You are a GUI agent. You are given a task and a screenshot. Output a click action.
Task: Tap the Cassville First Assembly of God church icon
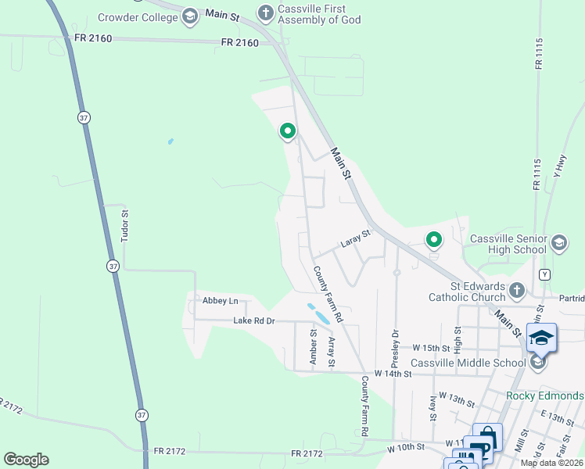pos(265,13)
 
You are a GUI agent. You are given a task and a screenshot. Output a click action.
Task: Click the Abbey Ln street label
pos(220,301)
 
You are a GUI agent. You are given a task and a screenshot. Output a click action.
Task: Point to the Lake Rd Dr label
pos(254,321)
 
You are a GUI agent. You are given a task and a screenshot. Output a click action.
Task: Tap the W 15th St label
pos(431,348)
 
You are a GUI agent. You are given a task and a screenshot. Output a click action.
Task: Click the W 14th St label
pos(393,374)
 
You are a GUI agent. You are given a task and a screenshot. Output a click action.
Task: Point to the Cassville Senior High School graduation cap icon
pos(558,243)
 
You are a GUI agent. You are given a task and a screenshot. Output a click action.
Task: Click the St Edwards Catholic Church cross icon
pos(516,291)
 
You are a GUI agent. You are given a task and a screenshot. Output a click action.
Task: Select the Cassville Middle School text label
pos(468,363)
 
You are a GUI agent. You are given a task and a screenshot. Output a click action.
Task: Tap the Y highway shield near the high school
pos(544,274)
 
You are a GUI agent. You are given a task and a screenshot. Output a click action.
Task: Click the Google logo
pos(26,460)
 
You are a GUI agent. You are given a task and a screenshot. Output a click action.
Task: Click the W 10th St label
pos(406,448)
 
